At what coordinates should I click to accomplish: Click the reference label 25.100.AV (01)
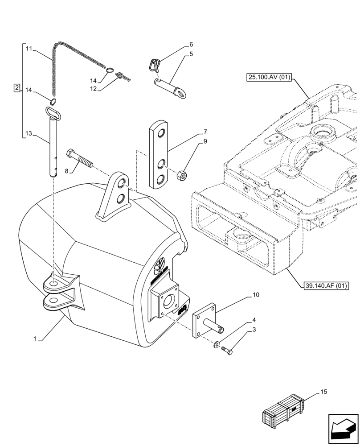[x=268, y=78]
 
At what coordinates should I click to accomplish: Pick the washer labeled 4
[x=217, y=344]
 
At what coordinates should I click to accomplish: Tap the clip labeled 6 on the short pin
[x=153, y=65]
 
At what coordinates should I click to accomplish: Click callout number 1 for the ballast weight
[x=35, y=339]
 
